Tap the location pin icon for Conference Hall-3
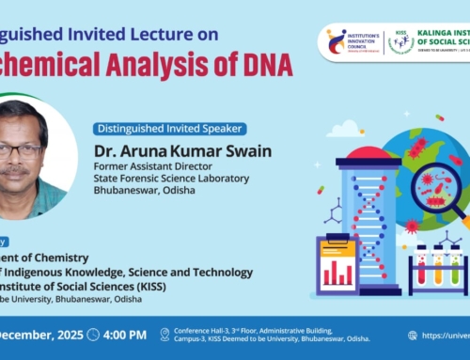point(165,335)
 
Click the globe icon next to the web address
point(413,335)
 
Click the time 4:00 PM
point(125,335)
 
